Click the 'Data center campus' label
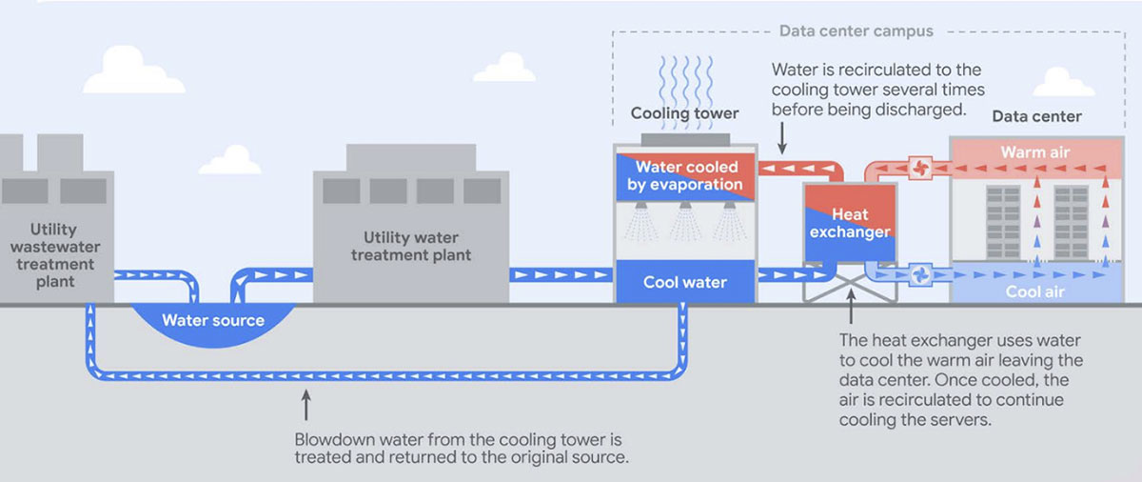tap(856, 30)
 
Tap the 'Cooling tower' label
tap(684, 113)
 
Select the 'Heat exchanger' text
tap(848, 223)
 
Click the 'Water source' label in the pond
tap(213, 319)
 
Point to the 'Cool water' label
tap(684, 282)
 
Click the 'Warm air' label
tap(1031, 152)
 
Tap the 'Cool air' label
tap(1035, 291)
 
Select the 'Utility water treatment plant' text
tap(411, 246)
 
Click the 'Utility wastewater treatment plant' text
tap(54, 255)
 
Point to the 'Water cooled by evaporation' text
tap(684, 175)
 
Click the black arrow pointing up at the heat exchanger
tap(850, 313)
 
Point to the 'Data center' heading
tap(1036, 116)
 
